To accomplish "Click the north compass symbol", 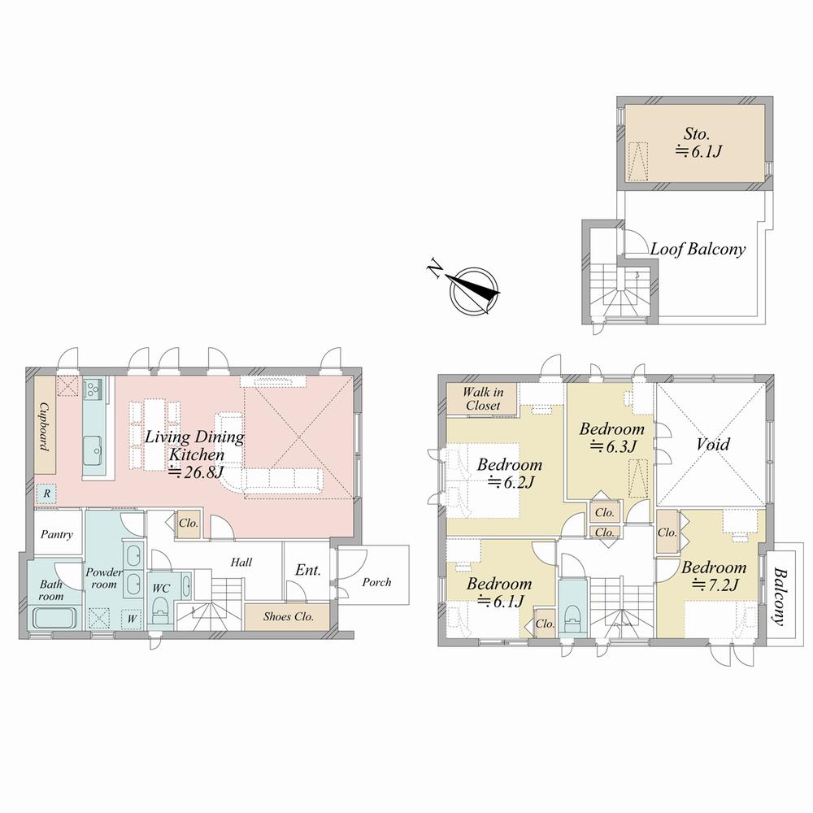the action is pyautogui.click(x=474, y=291).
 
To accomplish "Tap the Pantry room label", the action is pyautogui.click(x=57, y=534).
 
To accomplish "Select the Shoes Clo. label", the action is pyautogui.click(x=289, y=616).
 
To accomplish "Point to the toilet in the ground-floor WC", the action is pyautogui.click(x=161, y=611).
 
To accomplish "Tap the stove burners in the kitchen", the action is pyautogui.click(x=93, y=388).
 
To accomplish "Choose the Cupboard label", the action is pyautogui.click(x=45, y=427).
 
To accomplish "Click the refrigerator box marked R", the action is pyautogui.click(x=46, y=493).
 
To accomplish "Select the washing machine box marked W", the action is pyautogui.click(x=132, y=619).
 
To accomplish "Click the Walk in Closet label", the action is pyautogui.click(x=482, y=398).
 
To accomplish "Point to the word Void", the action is pyautogui.click(x=713, y=444).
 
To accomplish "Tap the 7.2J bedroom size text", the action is pyautogui.click(x=715, y=585).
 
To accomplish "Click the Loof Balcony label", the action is pyautogui.click(x=698, y=249).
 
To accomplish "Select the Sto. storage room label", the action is pyautogui.click(x=697, y=134).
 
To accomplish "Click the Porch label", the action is pyautogui.click(x=376, y=582).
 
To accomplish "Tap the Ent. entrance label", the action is pyautogui.click(x=308, y=571).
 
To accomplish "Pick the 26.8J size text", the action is pyautogui.click(x=196, y=472).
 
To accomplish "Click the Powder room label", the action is pyautogui.click(x=104, y=578).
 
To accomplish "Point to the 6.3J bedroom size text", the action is pyautogui.click(x=613, y=446).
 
